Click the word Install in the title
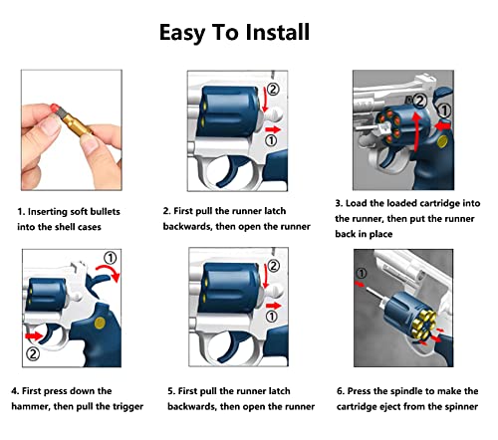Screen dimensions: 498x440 coord(278,32)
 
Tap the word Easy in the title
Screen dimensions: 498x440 coord(182,33)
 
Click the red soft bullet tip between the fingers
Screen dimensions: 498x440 coord(55,108)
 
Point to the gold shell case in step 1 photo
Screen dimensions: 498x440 coord(78,123)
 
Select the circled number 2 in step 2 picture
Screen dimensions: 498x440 coord(273,90)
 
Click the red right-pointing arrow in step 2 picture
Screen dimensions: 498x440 coord(273,129)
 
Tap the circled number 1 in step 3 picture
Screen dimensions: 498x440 coord(444,110)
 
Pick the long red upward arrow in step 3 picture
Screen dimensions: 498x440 coord(416,131)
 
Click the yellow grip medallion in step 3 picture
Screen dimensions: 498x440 coord(442,141)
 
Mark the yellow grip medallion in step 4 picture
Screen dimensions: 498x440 coord(100,323)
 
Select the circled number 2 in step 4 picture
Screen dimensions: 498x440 coord(33,353)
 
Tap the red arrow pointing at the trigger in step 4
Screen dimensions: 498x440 coord(34,336)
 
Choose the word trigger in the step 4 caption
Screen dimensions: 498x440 coord(127,407)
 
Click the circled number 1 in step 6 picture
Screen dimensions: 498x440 coord(362,274)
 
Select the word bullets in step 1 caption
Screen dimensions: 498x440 coord(105,212)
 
